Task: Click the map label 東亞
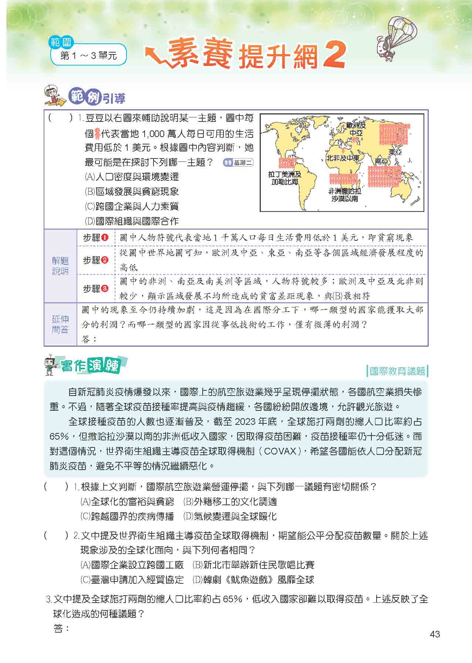395,152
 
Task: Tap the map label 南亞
382,161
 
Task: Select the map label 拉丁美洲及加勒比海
285,178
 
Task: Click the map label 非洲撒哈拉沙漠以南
345,195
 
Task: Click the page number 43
435,634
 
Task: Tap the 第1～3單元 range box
88,56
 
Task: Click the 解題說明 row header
60,266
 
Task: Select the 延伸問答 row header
60,324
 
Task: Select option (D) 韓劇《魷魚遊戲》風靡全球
253,580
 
